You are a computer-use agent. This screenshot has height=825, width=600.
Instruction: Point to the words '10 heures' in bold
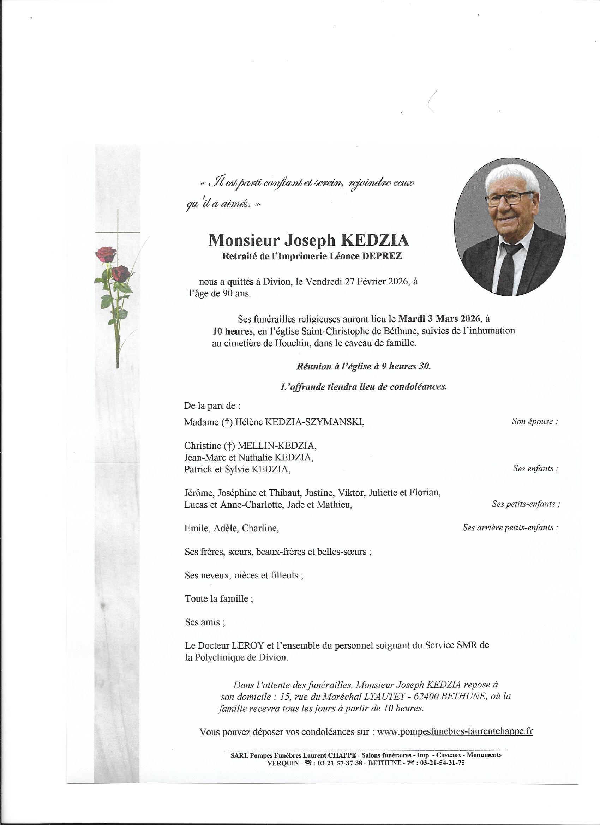[232, 331]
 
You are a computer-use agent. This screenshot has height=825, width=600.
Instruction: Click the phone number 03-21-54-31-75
[442, 753]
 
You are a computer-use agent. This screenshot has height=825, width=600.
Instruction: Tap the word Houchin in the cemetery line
[289, 343]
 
